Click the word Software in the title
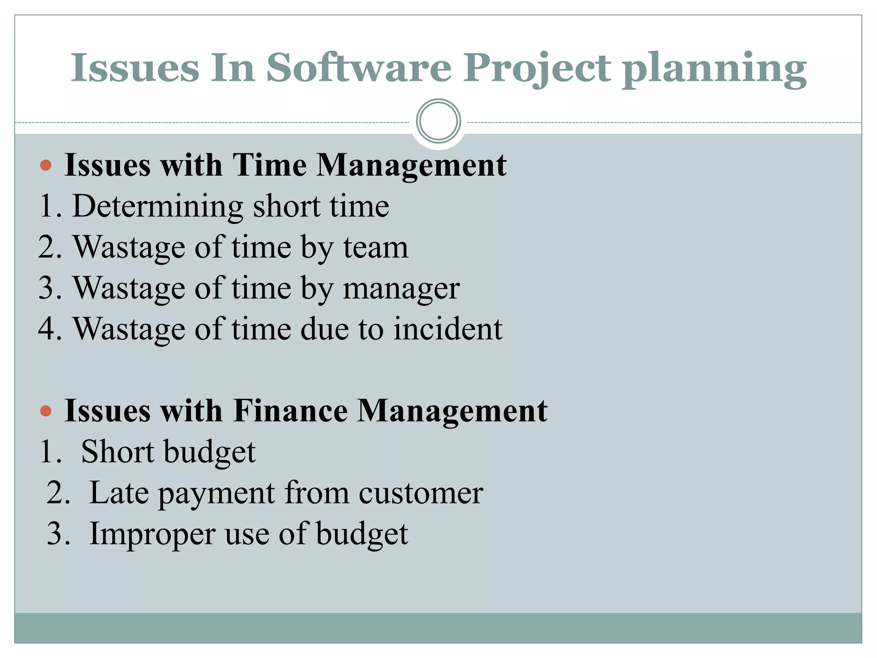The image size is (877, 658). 359,68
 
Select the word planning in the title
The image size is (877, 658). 714,69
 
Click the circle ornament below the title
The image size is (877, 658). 438,121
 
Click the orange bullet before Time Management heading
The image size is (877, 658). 45,165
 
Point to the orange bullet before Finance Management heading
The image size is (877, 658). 45,412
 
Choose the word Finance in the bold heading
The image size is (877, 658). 291,411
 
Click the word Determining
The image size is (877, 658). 158,206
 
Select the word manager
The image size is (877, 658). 401,288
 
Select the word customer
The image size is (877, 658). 421,493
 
